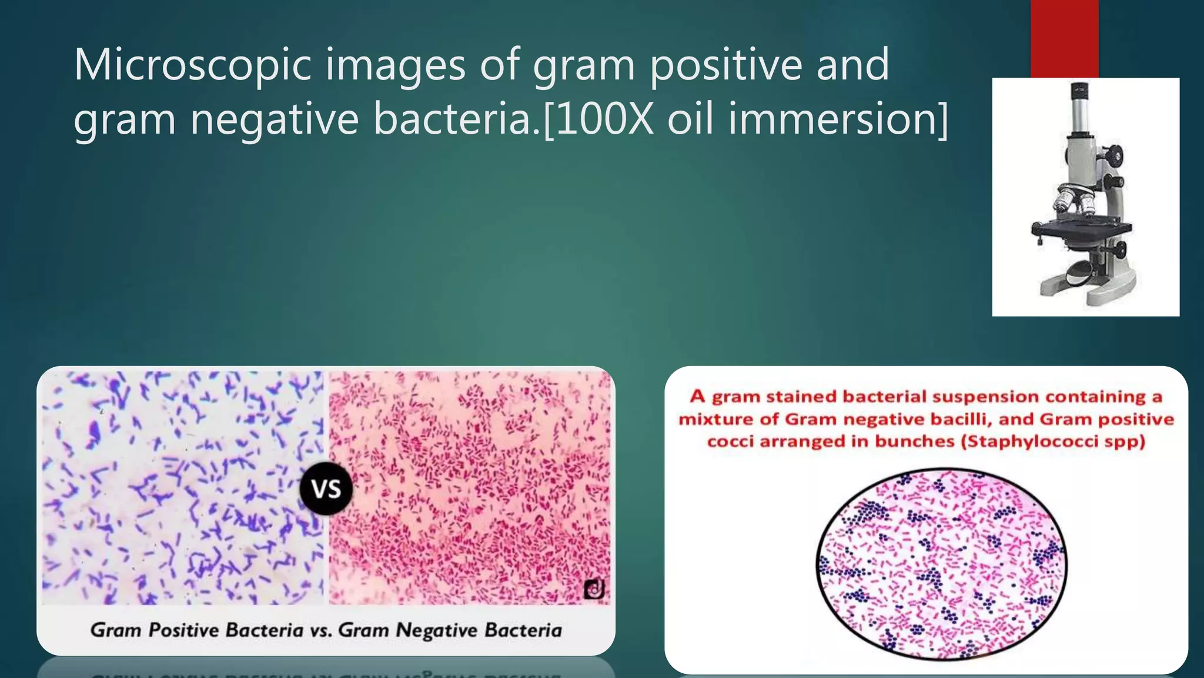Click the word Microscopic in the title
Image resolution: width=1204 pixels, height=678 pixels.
(192, 65)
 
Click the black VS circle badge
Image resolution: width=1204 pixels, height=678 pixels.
(326, 488)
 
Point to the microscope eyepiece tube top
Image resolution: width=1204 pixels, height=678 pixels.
(1079, 92)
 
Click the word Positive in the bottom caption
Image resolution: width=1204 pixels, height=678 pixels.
(184, 630)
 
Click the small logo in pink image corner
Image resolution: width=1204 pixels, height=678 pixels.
(594, 589)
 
